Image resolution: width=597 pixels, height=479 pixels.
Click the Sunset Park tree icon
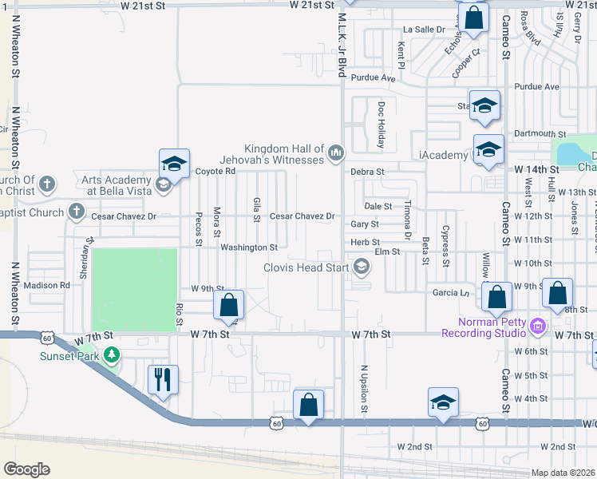point(113,354)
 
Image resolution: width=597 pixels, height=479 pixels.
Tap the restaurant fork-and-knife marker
point(163,378)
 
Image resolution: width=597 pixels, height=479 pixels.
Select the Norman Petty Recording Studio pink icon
point(538,325)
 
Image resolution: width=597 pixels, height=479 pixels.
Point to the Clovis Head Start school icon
point(362,267)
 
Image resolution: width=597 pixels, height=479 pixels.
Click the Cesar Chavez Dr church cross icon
point(77,212)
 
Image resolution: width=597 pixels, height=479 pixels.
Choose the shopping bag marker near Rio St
point(228,304)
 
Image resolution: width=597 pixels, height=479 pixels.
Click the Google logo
point(27,469)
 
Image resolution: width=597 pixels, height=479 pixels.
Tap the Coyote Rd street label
point(216,171)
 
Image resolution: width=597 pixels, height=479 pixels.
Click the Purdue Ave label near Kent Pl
point(377,78)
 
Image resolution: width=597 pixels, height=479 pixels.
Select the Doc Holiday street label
point(382,125)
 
